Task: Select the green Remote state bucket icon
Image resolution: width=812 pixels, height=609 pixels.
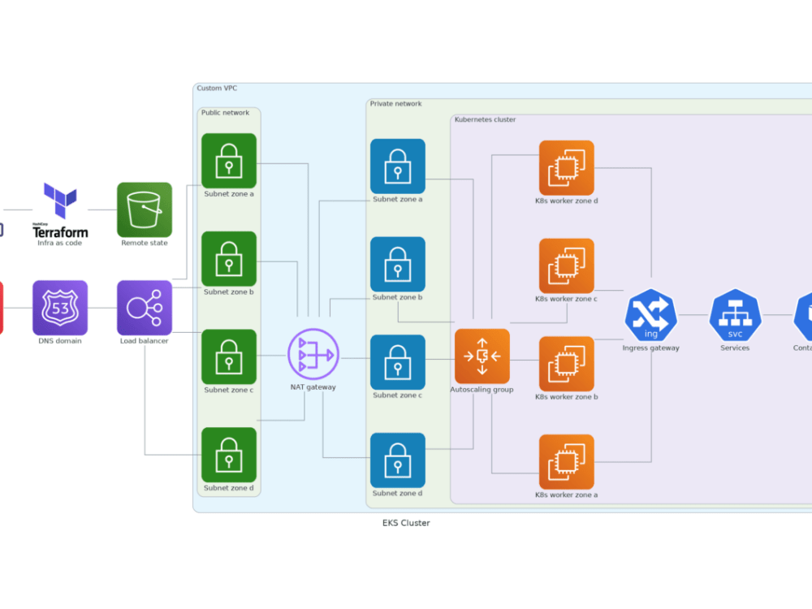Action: (145, 209)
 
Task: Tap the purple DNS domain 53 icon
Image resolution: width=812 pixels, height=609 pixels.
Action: (60, 308)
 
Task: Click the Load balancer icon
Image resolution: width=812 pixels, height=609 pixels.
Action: (145, 308)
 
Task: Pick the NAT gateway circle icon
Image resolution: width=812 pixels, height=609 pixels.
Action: (313, 354)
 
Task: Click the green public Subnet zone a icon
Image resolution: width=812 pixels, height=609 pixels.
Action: (229, 161)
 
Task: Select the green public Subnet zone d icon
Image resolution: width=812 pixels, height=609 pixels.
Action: (229, 455)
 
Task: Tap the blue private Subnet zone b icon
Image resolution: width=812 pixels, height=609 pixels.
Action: (398, 264)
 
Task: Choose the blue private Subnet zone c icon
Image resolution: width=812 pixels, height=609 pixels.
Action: (398, 362)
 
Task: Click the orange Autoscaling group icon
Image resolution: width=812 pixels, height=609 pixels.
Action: (482, 356)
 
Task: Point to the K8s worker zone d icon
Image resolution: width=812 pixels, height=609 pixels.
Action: (567, 168)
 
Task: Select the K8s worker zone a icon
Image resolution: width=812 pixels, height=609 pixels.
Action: (567, 462)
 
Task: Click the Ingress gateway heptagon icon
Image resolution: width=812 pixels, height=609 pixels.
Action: (650, 315)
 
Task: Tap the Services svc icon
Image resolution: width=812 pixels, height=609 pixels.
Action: (735, 315)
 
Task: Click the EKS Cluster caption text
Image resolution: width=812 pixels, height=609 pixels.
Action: (406, 523)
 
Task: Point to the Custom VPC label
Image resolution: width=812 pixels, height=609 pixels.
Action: (217, 88)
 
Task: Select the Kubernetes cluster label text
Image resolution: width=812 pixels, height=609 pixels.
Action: (485, 119)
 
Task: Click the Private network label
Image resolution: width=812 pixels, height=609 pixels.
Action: (395, 104)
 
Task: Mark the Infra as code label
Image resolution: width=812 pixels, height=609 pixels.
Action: (60, 243)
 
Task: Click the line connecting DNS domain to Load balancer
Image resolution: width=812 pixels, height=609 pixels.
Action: (102, 308)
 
